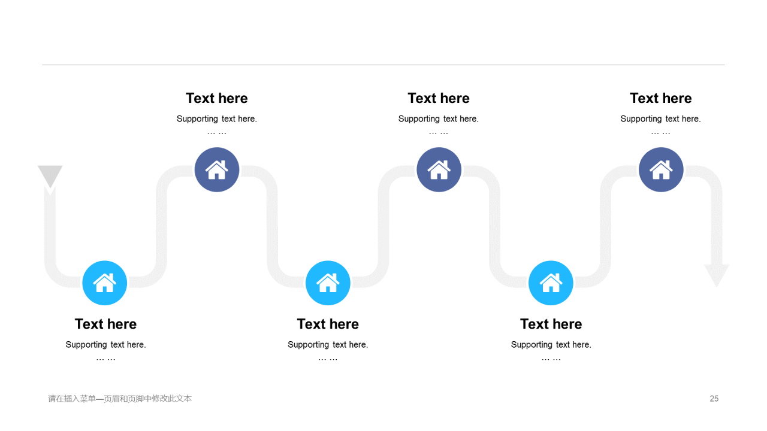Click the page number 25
click(714, 399)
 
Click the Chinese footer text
click(120, 399)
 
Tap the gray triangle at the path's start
click(50, 176)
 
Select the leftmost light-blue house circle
click(105, 283)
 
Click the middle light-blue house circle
click(328, 283)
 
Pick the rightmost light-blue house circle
click(551, 283)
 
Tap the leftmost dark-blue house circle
click(217, 169)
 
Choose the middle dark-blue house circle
click(439, 169)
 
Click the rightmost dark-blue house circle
click(661, 169)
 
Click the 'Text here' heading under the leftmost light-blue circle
click(106, 324)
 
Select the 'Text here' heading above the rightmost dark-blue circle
click(661, 98)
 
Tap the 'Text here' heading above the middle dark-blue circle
click(439, 98)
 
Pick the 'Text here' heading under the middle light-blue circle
click(328, 324)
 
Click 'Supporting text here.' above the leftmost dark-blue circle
click(217, 119)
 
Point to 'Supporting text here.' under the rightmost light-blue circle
click(551, 344)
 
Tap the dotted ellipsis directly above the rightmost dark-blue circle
click(660, 133)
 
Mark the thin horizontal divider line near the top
click(383, 65)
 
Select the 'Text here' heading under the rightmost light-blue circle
click(551, 324)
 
